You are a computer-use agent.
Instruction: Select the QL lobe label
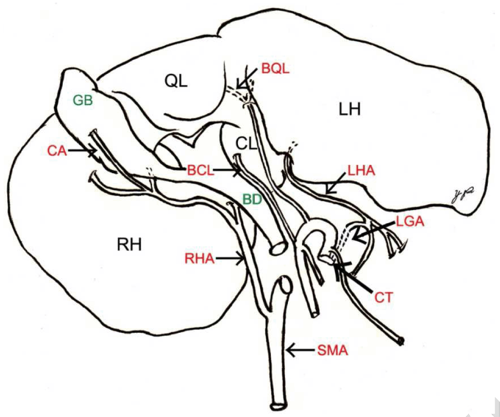176,81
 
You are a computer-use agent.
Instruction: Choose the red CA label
57,150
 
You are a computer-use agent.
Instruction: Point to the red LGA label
410,221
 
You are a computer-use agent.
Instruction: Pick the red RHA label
199,260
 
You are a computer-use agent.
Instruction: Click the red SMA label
332,351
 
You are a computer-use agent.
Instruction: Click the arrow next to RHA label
230,260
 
